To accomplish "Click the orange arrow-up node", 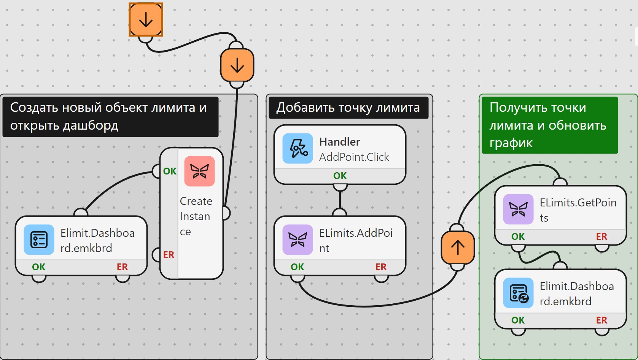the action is coord(458,247).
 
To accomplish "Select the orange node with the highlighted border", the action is coord(146,20).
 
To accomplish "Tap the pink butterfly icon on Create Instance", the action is coord(199,171).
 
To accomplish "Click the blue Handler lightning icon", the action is coord(298,148).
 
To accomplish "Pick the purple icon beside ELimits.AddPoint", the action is coord(298,239).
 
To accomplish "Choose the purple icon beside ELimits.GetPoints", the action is coord(519,209).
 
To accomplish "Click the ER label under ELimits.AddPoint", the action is coord(381,267).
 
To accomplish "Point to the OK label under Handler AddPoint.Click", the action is coord(340,176).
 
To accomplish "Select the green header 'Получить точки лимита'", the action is coord(550,125).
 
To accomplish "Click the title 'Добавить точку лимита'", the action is coord(348,108).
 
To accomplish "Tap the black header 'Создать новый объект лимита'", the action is coord(110,117).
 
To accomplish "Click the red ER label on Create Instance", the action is coord(169,255).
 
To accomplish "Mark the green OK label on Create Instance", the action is coord(170,171).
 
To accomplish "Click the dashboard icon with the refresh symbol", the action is coord(519,293).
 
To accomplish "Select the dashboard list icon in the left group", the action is coord(39,239).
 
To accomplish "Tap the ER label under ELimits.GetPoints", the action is coord(601,236).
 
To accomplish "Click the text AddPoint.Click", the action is coord(354,157).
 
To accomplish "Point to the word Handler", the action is coord(339,142).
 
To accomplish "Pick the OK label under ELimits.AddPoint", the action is coord(298,267).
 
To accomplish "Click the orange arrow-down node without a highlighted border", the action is coord(237,65).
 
